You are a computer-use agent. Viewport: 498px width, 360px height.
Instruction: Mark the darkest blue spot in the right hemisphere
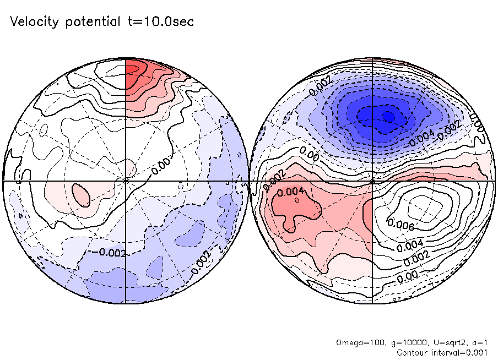pos(388,116)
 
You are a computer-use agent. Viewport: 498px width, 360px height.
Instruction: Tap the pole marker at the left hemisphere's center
pos(126,181)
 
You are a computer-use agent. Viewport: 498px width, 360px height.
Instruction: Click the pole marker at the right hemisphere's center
pos(373,181)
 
